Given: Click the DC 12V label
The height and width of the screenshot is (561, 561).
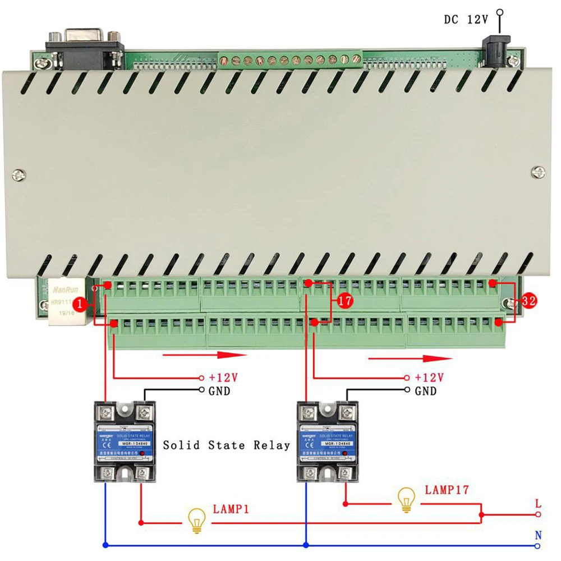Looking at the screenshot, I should pos(466,20).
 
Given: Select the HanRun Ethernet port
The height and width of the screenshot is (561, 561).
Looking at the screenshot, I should pos(65,303).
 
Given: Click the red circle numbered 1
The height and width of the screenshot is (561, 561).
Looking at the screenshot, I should pos(81,304).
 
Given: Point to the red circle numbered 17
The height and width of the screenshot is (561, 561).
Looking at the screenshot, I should pos(346,301).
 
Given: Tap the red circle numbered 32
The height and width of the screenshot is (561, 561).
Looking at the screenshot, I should pos(528,301).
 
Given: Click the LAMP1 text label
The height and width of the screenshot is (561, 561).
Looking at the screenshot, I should pos(231,509).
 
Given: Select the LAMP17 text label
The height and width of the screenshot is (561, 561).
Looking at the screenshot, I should pos(447,490).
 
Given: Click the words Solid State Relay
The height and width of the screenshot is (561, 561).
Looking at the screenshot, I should pos(226,445).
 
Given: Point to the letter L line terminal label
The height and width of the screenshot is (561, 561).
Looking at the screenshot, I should pos(538,504).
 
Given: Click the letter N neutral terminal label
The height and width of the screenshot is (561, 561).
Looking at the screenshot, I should pos(538,536).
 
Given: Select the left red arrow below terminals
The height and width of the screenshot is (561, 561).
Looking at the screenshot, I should pos(205,355).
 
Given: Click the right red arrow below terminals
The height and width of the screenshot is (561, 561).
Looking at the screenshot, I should pos(410,357).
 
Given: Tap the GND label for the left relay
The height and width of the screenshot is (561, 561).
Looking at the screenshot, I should pos(219,391).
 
